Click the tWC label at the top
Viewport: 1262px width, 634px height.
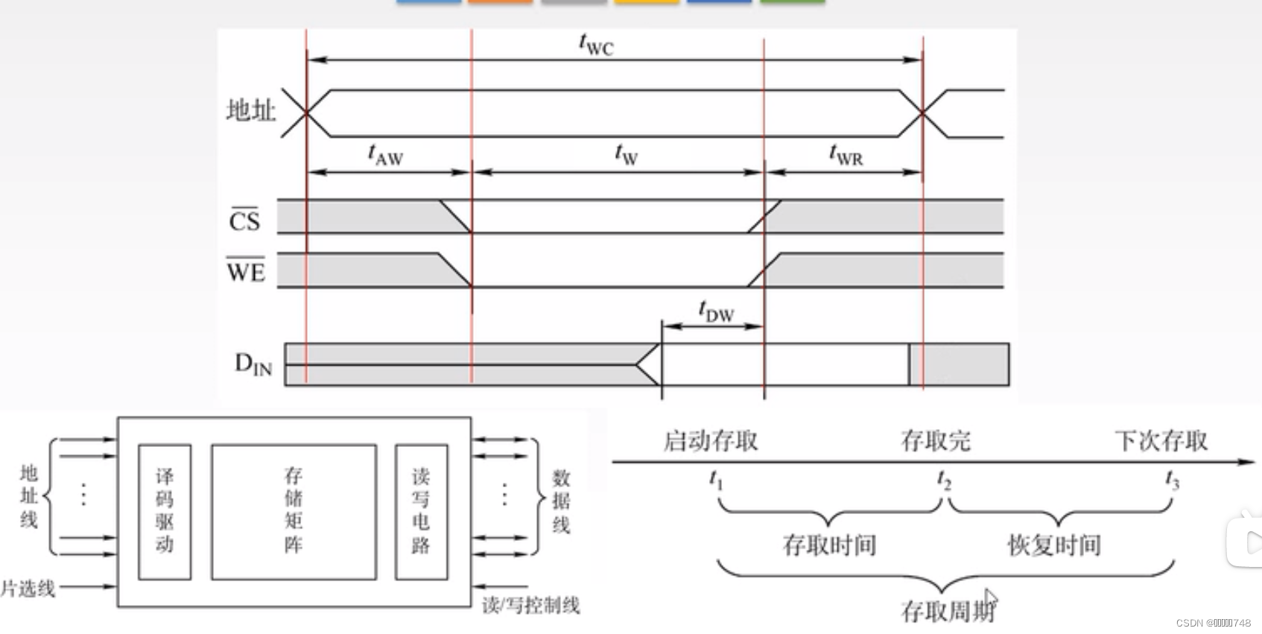pos(596,45)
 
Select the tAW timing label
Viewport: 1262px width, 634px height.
pos(385,155)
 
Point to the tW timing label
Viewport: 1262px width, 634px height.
pos(626,154)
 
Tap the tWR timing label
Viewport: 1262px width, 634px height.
pos(846,155)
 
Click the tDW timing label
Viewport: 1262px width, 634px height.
pos(716,311)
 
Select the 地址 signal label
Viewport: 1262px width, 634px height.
pos(251,111)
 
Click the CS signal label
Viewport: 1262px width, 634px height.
pos(244,221)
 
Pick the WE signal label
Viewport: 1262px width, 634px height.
pos(246,271)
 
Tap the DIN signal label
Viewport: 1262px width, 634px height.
pos(253,364)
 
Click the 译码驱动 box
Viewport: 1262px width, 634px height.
pos(165,511)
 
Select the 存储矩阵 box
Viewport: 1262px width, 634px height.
pos(294,511)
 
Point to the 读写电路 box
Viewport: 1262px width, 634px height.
pos(421,511)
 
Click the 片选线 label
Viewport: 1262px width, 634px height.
pos(28,589)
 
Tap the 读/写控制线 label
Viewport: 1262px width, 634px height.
pos(530,605)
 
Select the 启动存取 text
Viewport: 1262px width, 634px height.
pos(710,441)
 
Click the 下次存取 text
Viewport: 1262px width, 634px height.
pos(1161,441)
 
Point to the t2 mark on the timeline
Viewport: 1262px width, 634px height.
pos(944,481)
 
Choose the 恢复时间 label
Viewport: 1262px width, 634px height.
pos(1054,545)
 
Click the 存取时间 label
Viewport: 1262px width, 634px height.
pos(829,545)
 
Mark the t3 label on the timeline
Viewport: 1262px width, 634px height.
pos(1172,481)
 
